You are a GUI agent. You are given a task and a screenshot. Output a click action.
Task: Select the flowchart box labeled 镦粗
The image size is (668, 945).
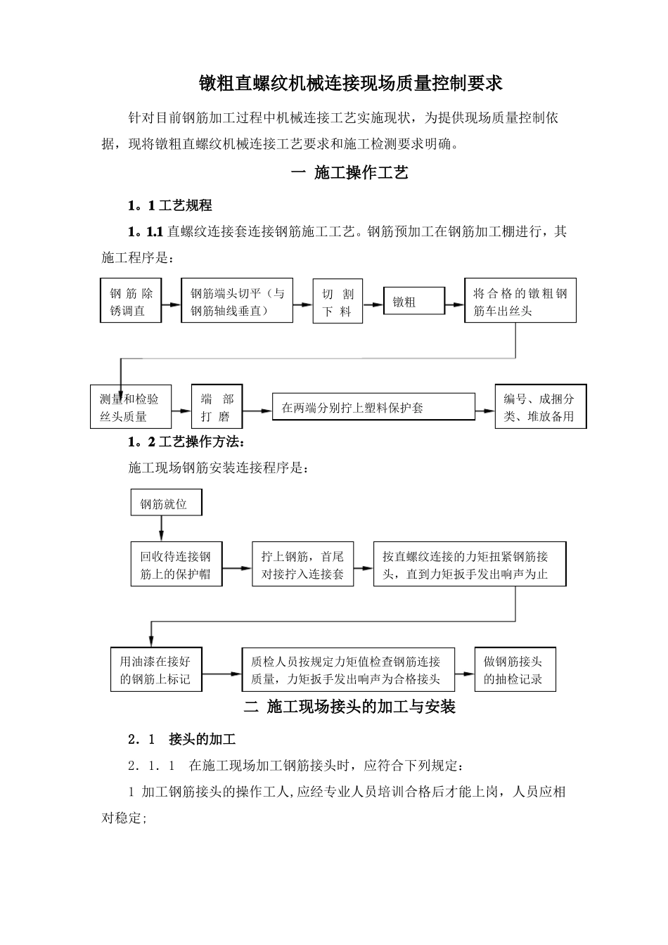pyautogui.click(x=414, y=302)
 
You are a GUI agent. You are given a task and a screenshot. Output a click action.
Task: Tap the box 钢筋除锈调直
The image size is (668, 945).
pyautogui.click(x=131, y=302)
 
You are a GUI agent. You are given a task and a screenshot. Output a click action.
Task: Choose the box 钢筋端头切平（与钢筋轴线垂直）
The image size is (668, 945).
pyautogui.click(x=237, y=302)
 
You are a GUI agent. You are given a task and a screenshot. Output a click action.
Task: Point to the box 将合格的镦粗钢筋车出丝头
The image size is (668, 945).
pyautogui.click(x=520, y=302)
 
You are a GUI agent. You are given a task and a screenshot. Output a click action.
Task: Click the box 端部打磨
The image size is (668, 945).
pyautogui.click(x=217, y=407)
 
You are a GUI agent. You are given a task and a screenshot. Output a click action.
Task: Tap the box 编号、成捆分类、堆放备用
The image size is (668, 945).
pyautogui.click(x=540, y=407)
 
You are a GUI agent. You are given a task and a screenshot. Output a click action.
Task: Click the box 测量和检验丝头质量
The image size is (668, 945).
pyautogui.click(x=131, y=408)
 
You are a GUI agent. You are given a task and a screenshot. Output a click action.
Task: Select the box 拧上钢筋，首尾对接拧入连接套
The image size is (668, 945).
pyautogui.click(x=303, y=565)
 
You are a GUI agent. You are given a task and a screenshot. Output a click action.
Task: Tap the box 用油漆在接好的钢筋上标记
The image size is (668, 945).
pyautogui.click(x=156, y=670)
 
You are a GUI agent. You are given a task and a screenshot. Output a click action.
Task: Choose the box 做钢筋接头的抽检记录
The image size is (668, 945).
pyautogui.click(x=515, y=670)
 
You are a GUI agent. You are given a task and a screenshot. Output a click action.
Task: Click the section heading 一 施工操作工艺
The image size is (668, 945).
pyautogui.click(x=349, y=173)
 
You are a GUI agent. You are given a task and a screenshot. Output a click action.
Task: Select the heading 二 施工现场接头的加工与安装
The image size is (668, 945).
pyautogui.click(x=349, y=707)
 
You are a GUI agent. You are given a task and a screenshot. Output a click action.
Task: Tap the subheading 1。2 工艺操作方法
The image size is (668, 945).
pyautogui.click(x=186, y=442)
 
